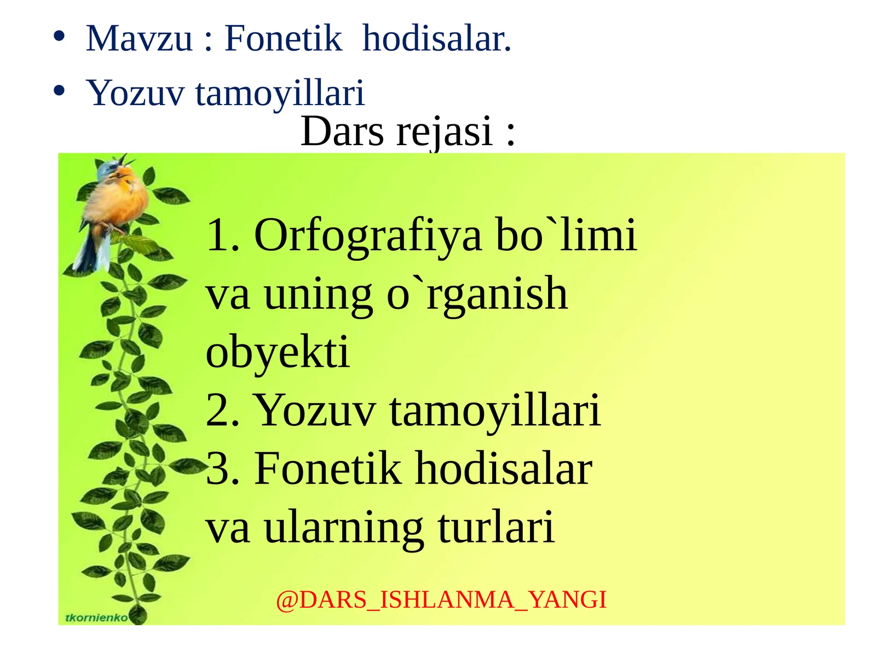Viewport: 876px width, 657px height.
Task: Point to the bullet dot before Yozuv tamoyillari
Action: click(59, 90)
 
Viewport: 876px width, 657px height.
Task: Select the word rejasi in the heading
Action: click(444, 132)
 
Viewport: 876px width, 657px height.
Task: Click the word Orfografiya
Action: click(368, 235)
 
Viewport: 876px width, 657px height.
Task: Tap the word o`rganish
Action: click(477, 295)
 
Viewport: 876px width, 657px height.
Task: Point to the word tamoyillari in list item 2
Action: click(495, 411)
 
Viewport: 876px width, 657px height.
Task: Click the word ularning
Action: click(344, 527)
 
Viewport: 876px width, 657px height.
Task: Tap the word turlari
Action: click(496, 527)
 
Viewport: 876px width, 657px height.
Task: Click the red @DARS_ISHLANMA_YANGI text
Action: click(441, 600)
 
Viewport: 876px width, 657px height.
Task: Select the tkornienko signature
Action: click(96, 618)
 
